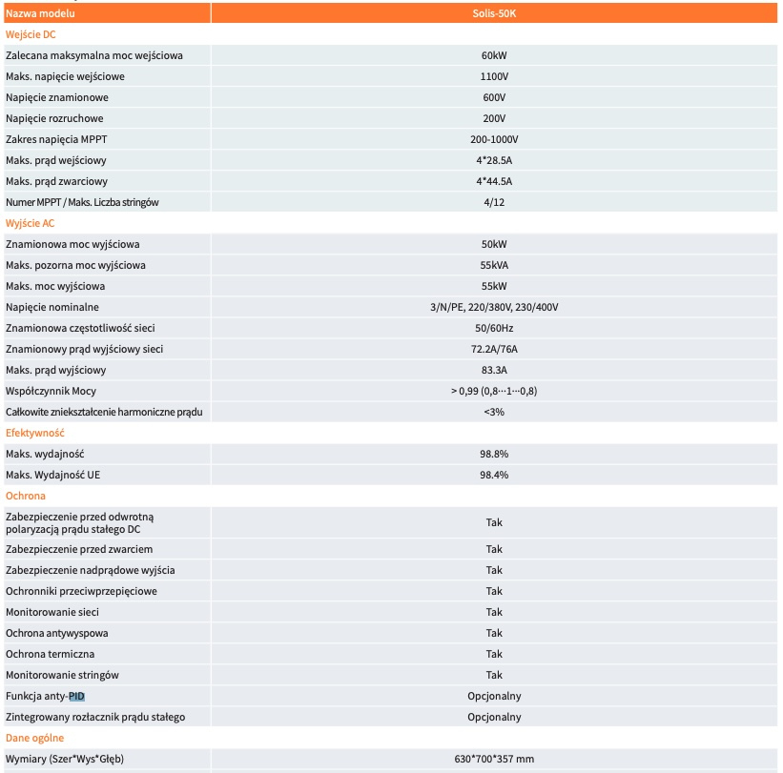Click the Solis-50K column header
point(494,14)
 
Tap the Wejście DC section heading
point(31,34)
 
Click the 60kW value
point(494,55)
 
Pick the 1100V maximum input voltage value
point(494,76)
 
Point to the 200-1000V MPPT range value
point(494,139)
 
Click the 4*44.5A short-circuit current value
point(494,181)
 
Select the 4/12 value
point(494,202)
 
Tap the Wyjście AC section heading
point(31,223)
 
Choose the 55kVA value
point(494,265)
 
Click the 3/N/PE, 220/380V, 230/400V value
point(494,307)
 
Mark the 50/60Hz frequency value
point(494,328)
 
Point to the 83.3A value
point(494,370)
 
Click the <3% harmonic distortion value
point(494,412)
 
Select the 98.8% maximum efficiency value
point(494,454)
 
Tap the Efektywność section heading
point(35,433)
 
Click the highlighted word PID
point(76,696)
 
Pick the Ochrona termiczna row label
point(51,654)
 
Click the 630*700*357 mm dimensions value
point(494,759)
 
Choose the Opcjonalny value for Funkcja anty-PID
point(494,696)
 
